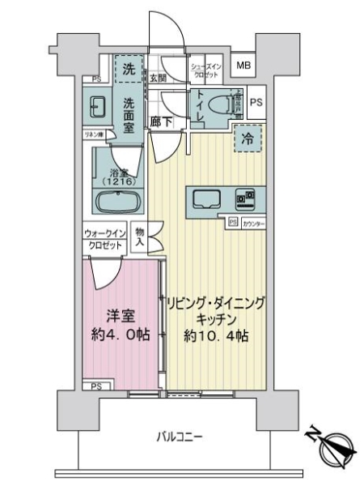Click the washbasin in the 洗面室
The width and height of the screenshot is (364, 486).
99,107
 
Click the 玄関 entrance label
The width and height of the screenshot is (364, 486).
158,79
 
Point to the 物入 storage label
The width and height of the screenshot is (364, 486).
140,237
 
